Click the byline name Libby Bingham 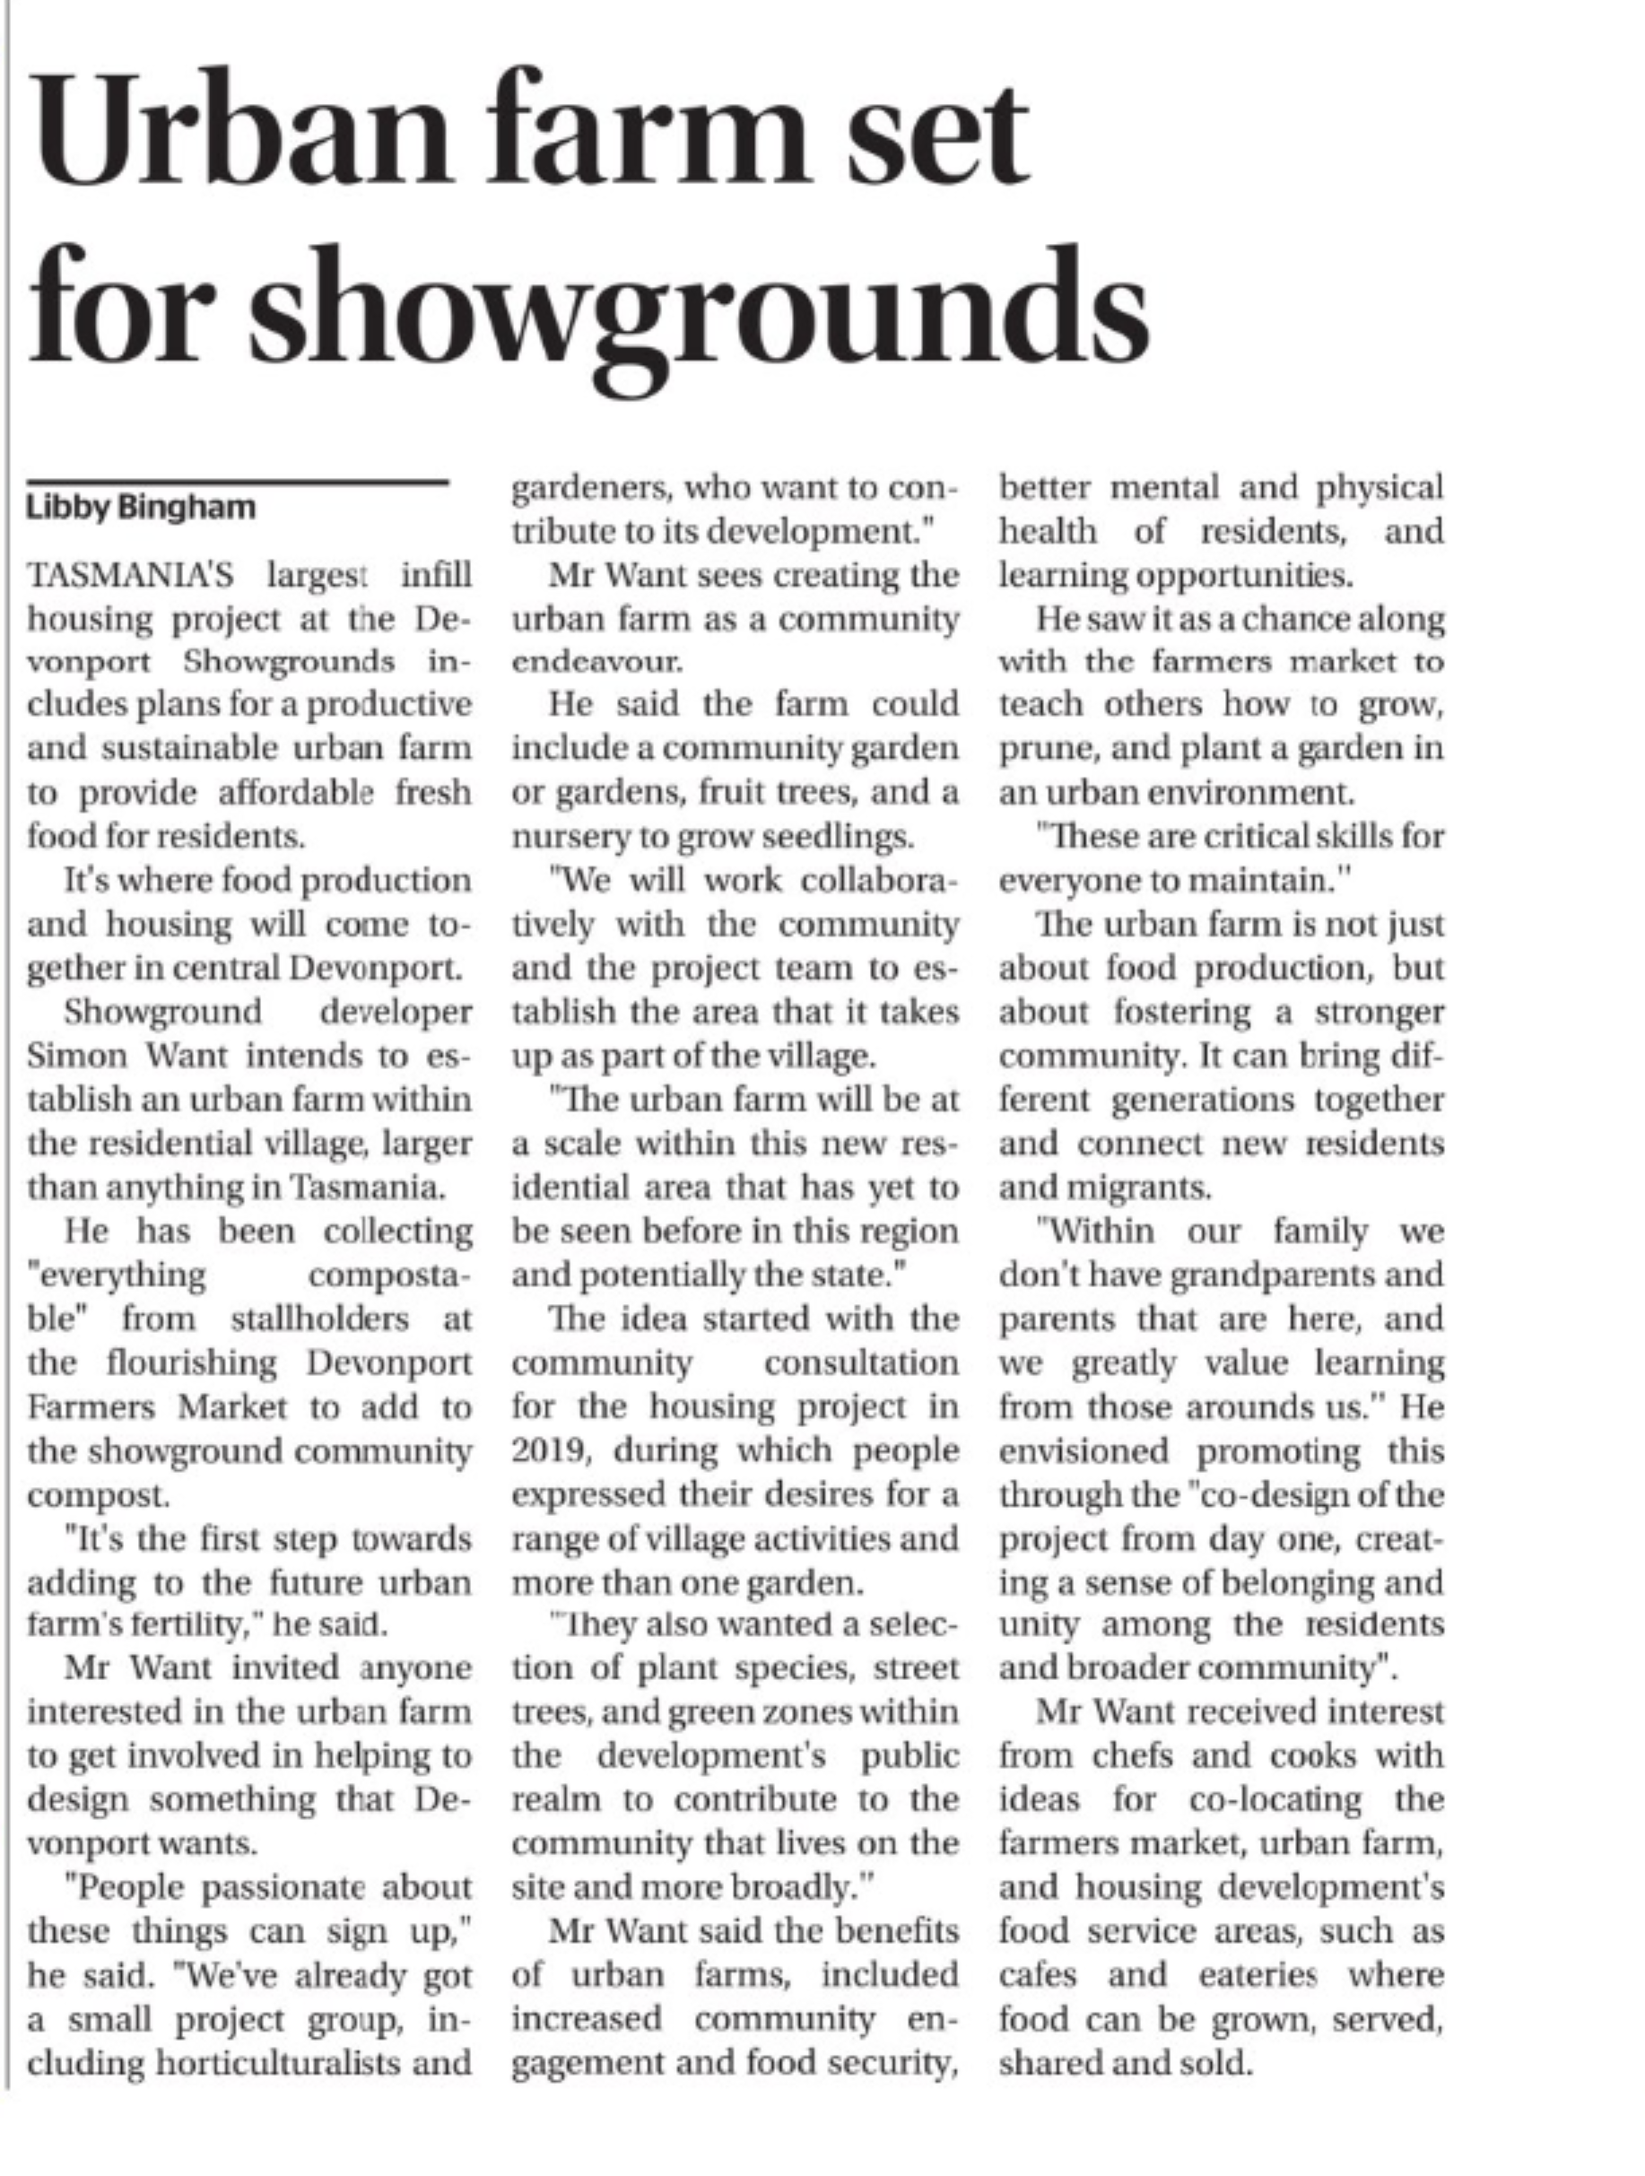[x=141, y=508]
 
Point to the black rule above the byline [x=237, y=482]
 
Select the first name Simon [x=68, y=1056]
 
